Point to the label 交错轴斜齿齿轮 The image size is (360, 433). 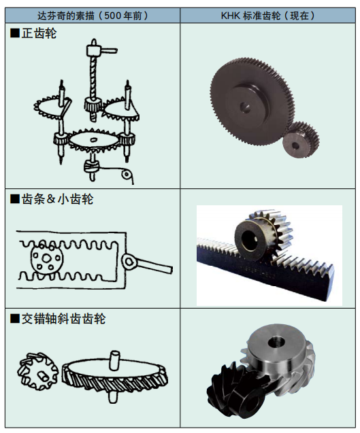pyautogui.click(x=62, y=319)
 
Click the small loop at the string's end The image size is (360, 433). pyautogui.click(x=127, y=175)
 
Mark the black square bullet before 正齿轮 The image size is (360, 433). pyautogui.click(x=15, y=33)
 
